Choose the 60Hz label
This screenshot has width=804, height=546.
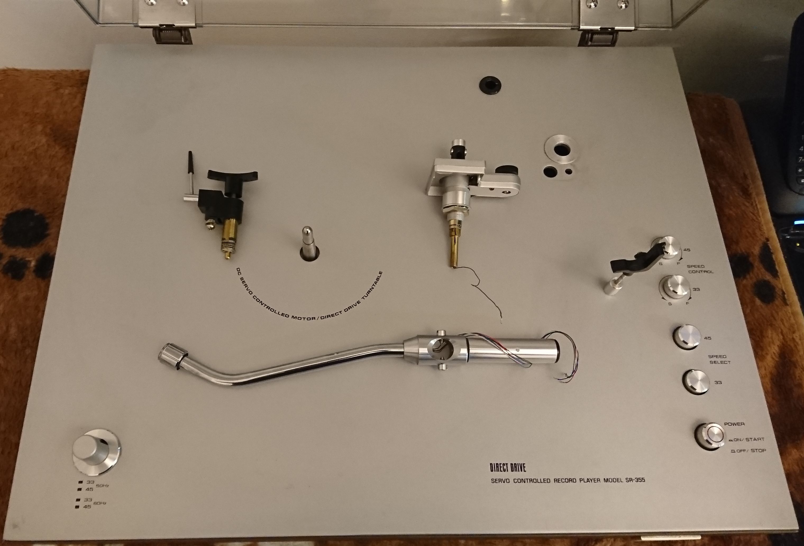(100, 503)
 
